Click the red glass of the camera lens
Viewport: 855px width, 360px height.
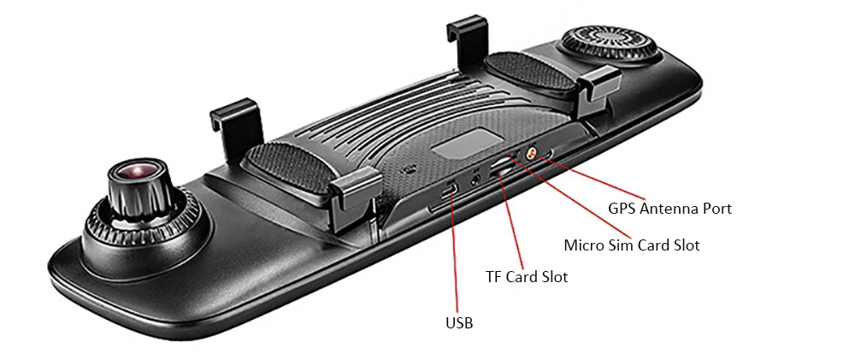[x=138, y=170]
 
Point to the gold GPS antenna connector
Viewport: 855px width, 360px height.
[x=530, y=154]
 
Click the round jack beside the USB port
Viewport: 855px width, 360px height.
[x=477, y=179]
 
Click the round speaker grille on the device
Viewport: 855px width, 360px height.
[x=607, y=44]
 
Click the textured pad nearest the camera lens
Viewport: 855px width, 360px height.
[x=291, y=168]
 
